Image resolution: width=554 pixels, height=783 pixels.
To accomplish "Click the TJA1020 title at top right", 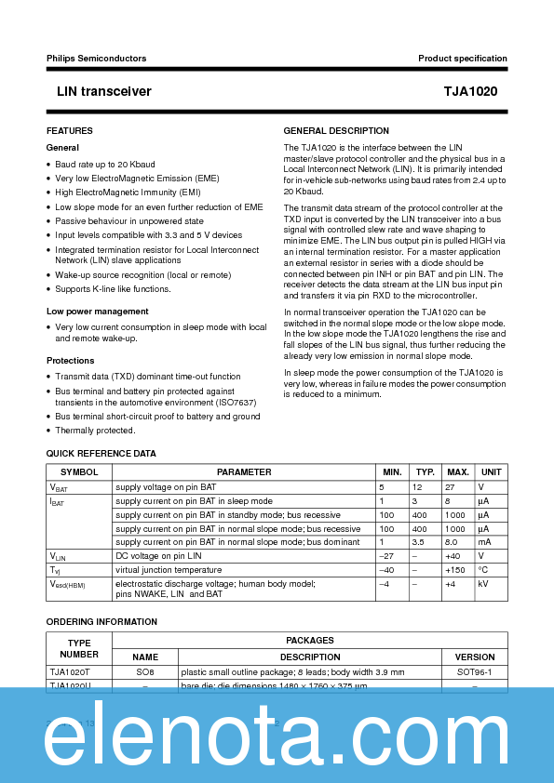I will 477,92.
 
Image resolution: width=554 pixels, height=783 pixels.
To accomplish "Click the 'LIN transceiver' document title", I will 98,92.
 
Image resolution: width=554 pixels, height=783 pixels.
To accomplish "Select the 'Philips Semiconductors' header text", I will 96,59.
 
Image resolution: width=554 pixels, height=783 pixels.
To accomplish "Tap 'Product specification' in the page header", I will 463,59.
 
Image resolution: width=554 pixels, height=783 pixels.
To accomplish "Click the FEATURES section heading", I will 70,131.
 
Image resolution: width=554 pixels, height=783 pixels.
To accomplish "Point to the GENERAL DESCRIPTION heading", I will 336,131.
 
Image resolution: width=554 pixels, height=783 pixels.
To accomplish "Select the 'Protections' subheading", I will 70,361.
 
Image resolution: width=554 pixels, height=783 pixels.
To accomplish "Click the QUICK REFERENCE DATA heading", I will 101,454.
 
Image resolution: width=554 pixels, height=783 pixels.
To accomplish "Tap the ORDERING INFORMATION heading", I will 101,621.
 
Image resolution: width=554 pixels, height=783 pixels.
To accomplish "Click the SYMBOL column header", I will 79,472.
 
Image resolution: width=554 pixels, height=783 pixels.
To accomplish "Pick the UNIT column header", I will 491,472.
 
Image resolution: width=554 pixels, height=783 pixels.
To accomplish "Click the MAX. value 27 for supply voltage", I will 450,487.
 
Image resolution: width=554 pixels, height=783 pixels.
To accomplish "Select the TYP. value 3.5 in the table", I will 418,541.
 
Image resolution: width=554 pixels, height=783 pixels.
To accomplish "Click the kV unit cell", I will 482,584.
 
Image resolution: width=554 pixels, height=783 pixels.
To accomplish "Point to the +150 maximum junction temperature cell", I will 454,569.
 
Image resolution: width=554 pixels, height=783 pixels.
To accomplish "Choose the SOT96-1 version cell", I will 475,670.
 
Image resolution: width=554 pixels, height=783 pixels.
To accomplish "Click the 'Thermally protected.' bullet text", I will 95,431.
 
